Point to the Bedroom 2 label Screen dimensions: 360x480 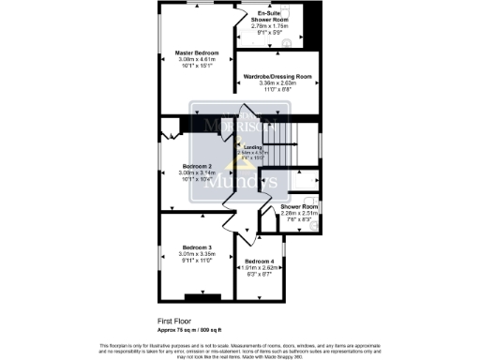[196, 167]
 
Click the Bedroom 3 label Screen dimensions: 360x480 [198, 247]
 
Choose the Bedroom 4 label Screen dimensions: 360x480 [259, 262]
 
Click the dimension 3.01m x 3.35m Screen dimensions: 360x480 [198, 254]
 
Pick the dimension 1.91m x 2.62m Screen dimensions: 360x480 [259, 268]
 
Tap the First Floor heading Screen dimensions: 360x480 [173, 320]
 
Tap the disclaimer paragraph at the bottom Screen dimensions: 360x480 [240, 348]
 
